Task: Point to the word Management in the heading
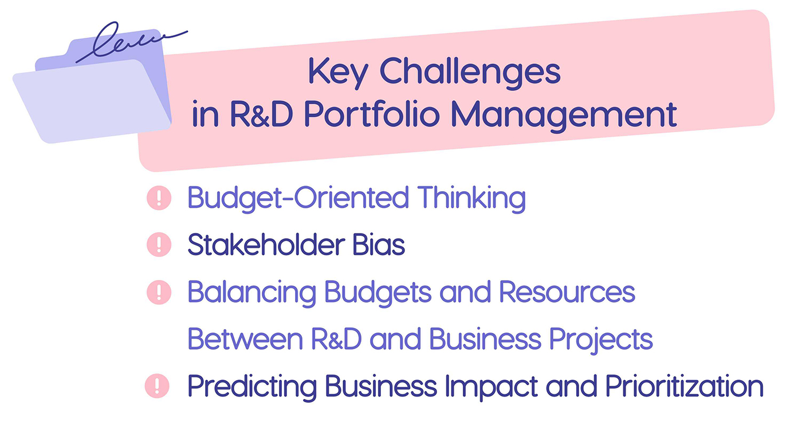coord(563,116)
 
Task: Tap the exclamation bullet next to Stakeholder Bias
coord(159,245)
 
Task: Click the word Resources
coord(567,292)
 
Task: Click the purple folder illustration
coord(92,97)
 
